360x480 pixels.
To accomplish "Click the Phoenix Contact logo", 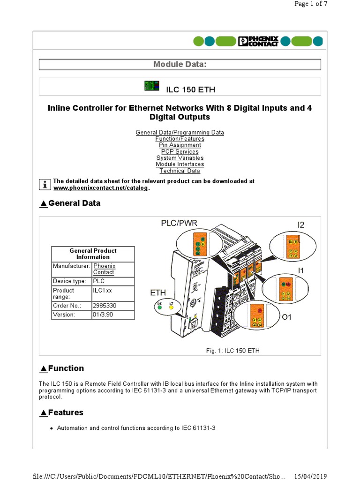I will click(x=258, y=41).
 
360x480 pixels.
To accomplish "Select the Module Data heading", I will click(x=180, y=64).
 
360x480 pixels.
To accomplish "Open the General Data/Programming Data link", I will click(x=180, y=133).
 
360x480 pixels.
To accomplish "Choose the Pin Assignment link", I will click(x=180, y=145).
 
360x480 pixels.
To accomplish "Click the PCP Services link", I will click(x=180, y=152).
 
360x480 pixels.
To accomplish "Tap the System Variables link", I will click(x=180, y=158).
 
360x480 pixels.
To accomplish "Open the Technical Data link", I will click(x=180, y=171).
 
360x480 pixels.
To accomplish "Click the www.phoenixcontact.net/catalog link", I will click(x=100, y=188).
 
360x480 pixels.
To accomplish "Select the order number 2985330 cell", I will click(x=104, y=306).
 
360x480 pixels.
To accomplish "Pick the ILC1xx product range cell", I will click(x=103, y=291).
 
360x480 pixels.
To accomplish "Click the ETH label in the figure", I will click(x=158, y=293).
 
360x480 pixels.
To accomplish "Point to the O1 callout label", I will click(x=286, y=317).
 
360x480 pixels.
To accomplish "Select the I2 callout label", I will click(x=300, y=225).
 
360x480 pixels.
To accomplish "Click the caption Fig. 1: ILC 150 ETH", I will click(x=232, y=351).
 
